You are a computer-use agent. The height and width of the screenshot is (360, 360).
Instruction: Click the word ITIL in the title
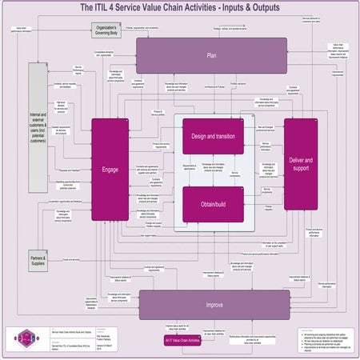(104, 7)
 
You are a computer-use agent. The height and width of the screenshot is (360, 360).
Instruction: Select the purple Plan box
(211, 55)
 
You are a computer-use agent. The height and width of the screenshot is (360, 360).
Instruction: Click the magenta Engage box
(110, 169)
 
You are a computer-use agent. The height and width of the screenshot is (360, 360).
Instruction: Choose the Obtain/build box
(213, 204)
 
